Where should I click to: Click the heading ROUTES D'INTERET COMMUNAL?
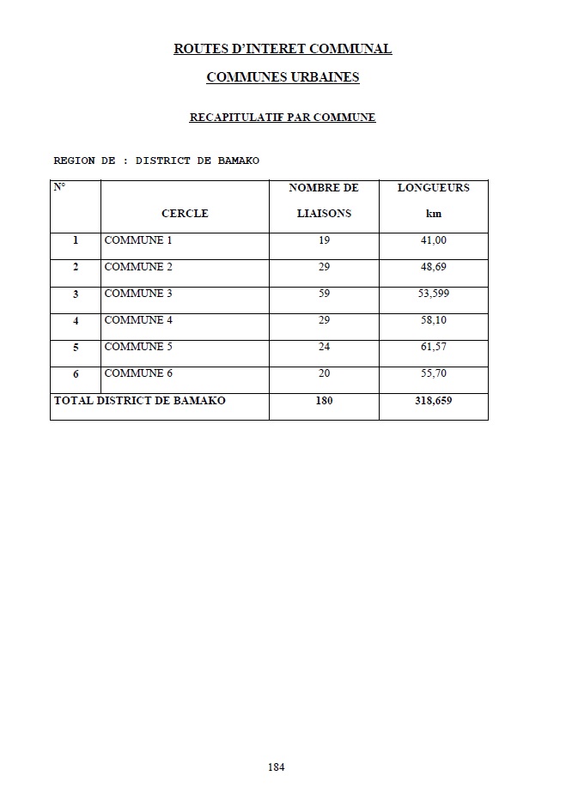click(x=283, y=49)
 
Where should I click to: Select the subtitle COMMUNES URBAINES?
click(x=283, y=77)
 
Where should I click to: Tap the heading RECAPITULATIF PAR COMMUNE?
click(x=283, y=117)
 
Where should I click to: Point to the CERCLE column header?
click(x=185, y=214)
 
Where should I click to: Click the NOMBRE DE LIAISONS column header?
click(x=324, y=200)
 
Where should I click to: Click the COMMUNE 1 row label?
click(x=138, y=240)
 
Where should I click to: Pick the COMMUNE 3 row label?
click(x=138, y=294)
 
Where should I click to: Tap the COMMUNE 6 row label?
click(x=138, y=373)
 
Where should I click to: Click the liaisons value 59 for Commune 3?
click(x=324, y=294)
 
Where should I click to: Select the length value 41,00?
click(x=433, y=240)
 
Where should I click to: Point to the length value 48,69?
click(x=433, y=267)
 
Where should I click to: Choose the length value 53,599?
click(x=433, y=294)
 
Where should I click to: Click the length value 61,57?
click(x=433, y=347)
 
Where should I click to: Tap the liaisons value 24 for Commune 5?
click(x=324, y=347)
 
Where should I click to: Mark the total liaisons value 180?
click(x=324, y=401)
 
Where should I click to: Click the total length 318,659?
click(x=433, y=401)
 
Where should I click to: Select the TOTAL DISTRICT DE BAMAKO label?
click(x=140, y=401)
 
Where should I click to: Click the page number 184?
click(x=276, y=767)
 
